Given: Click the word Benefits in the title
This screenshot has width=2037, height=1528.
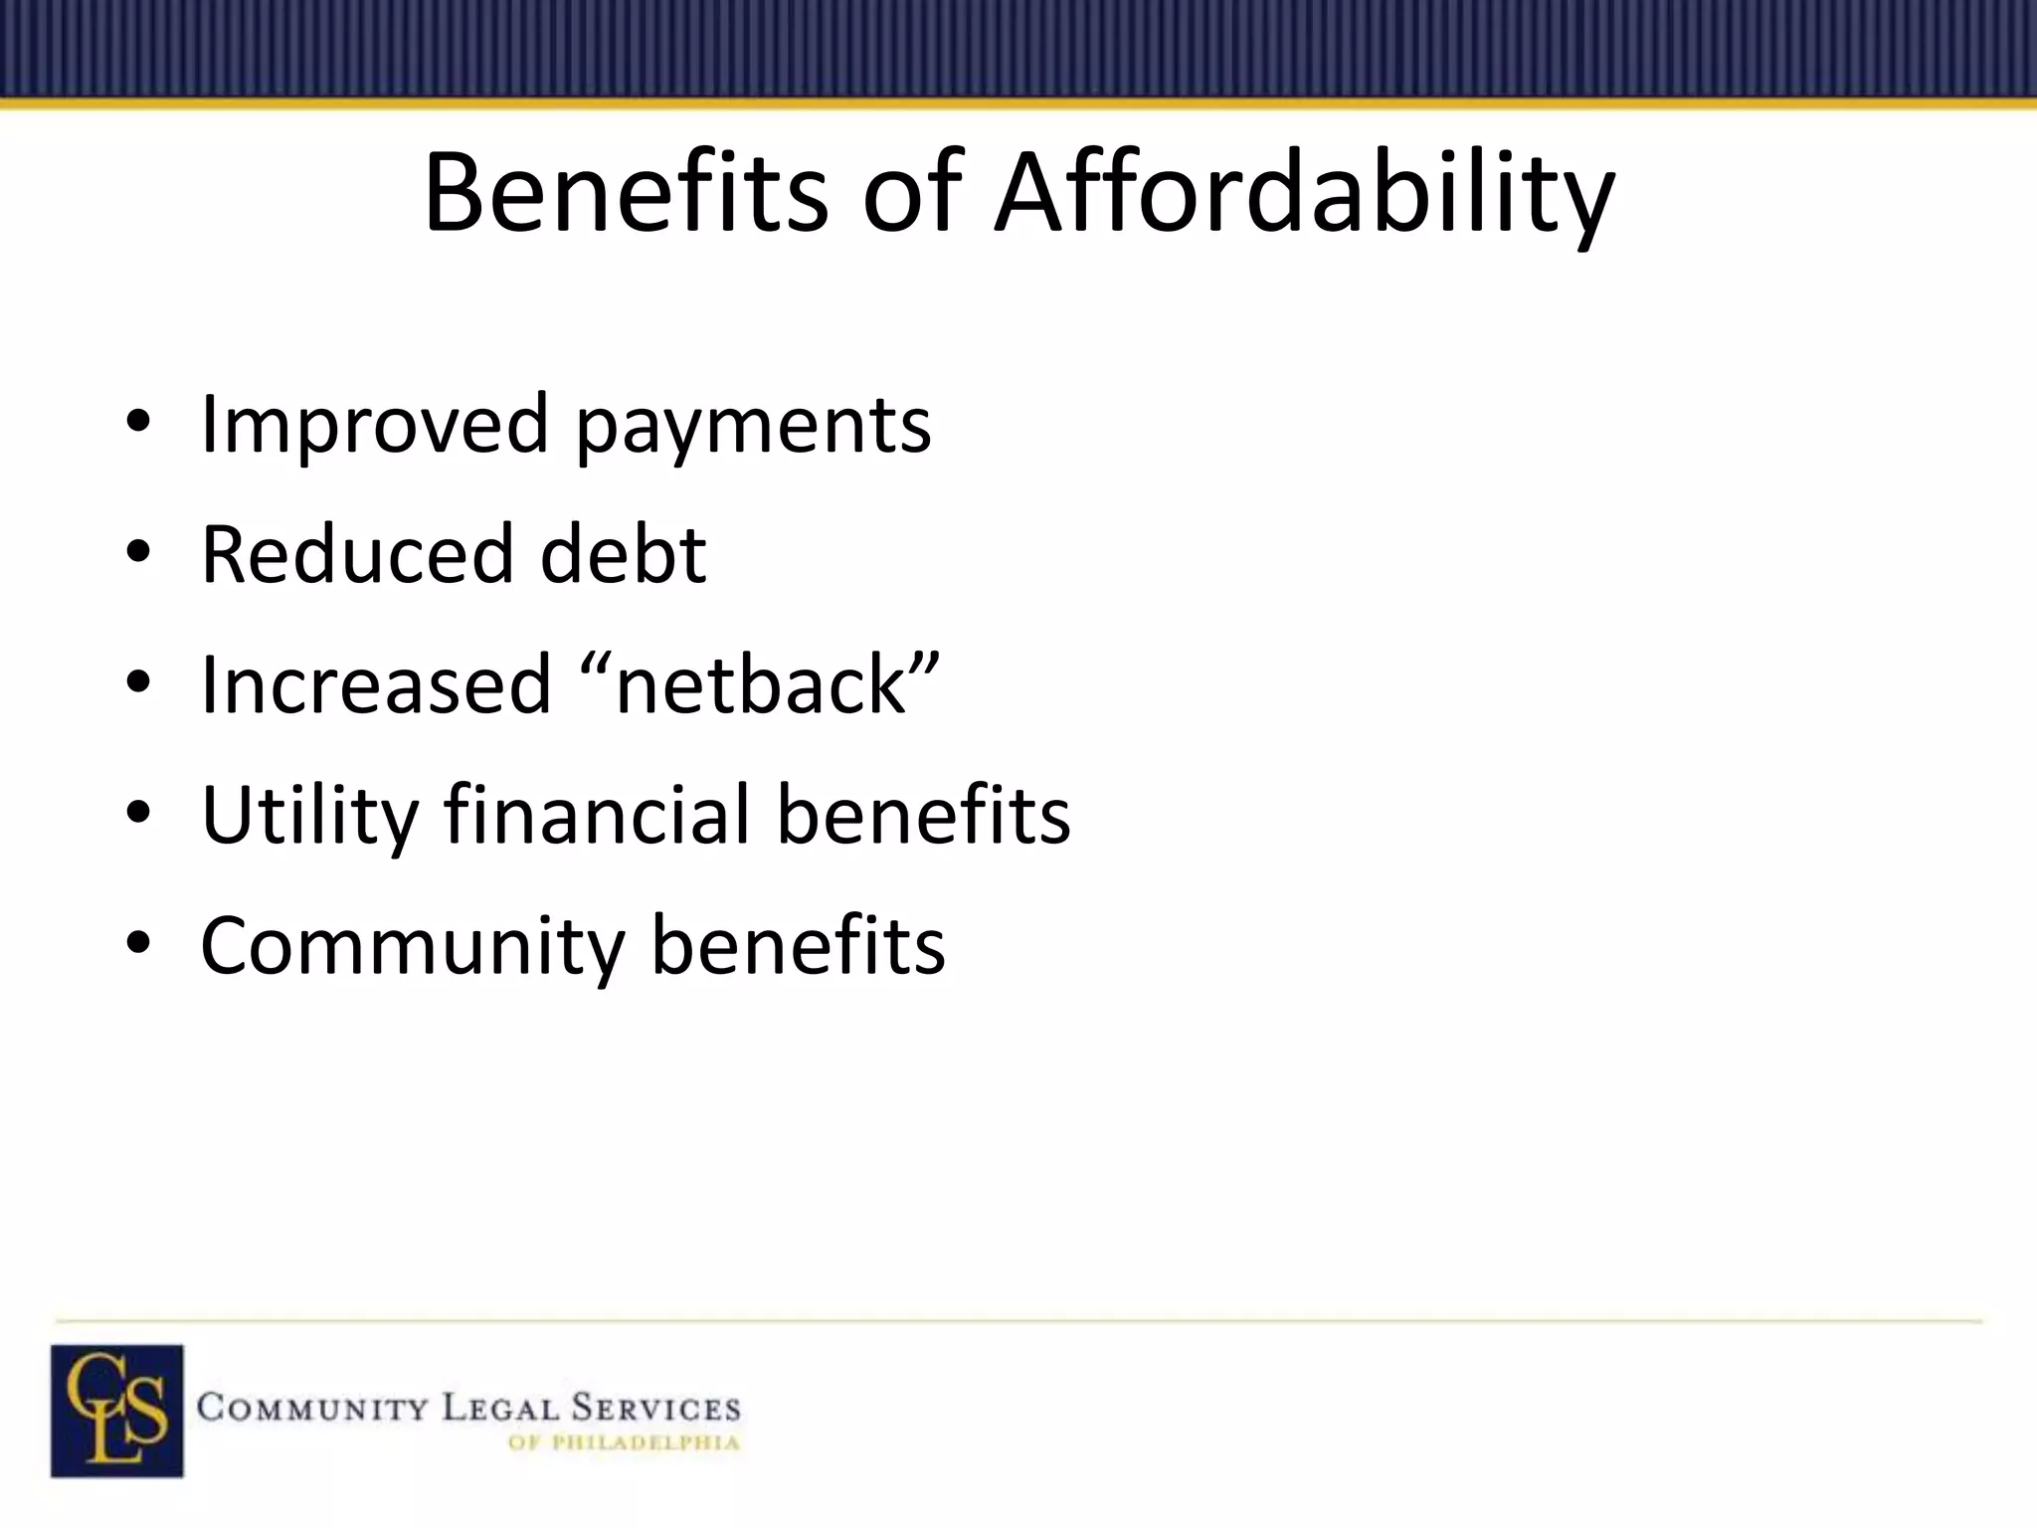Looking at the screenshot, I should click(626, 191).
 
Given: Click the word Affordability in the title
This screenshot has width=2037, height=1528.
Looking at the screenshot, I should click(1304, 193).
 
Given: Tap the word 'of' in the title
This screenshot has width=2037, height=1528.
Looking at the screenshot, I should click(911, 191).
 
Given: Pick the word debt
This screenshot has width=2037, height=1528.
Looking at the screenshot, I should click(623, 554).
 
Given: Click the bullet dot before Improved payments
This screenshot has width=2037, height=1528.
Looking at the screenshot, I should click(138, 426).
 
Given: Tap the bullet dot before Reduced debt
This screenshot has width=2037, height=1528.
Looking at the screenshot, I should click(138, 556).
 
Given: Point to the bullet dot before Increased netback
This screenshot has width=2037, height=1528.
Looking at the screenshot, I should click(138, 686).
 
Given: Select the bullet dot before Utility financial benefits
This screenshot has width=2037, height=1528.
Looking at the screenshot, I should click(138, 817).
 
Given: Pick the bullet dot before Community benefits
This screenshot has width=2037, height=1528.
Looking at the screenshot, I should click(138, 947).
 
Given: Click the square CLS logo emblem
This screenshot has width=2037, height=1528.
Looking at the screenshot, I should click(117, 1411).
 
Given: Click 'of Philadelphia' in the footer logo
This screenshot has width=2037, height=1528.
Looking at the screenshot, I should click(624, 1442).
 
